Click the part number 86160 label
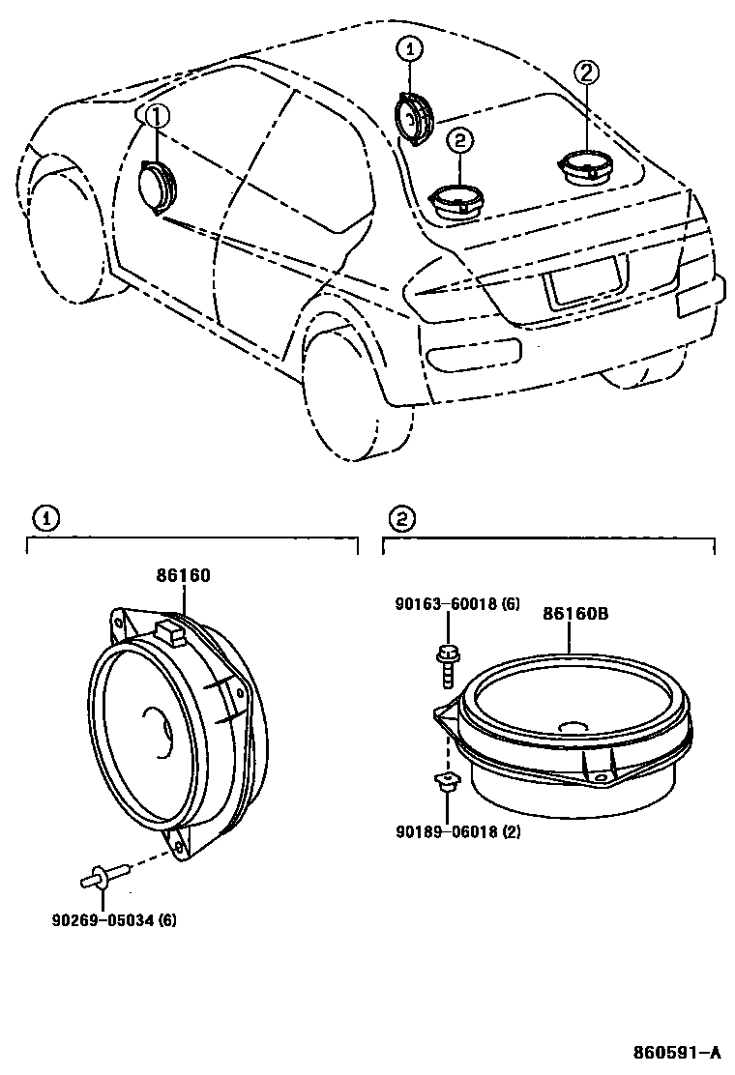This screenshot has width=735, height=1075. (183, 576)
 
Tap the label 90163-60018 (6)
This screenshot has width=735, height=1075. (457, 604)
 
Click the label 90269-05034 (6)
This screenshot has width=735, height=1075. (114, 918)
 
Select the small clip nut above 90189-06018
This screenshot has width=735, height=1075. (446, 783)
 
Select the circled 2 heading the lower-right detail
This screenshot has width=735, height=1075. (399, 519)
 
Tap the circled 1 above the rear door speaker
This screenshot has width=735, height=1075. (409, 50)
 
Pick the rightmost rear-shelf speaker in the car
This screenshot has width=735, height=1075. (587, 166)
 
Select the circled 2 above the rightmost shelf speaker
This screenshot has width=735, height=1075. (586, 72)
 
